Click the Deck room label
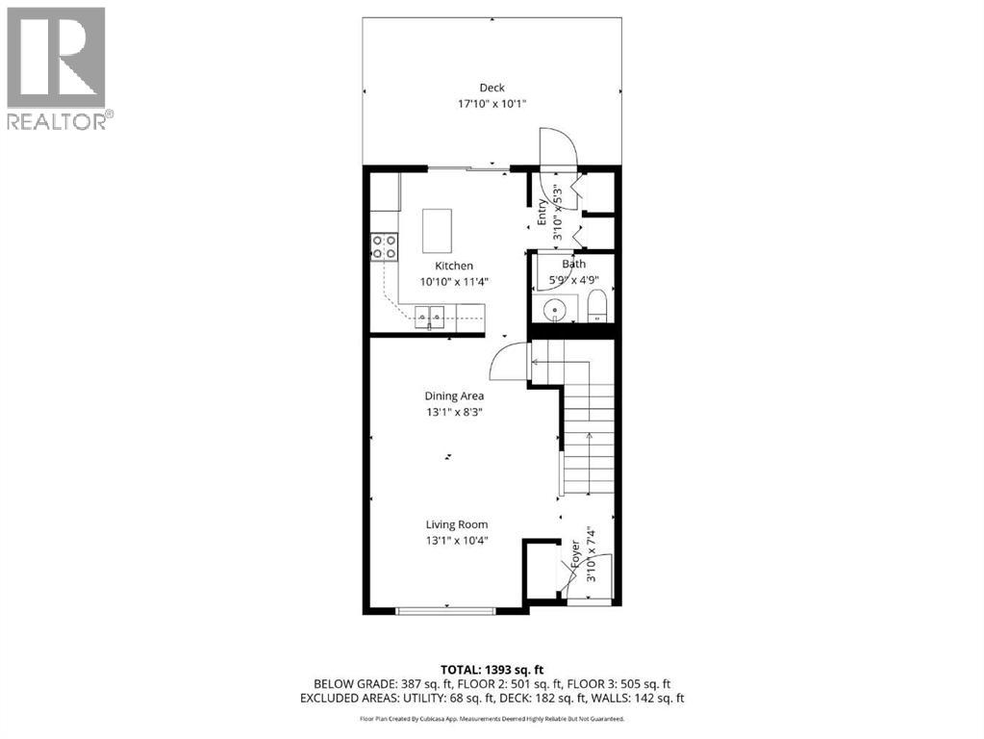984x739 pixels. [x=492, y=88]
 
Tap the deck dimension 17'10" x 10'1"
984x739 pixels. [x=492, y=103]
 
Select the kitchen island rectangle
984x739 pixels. [x=438, y=229]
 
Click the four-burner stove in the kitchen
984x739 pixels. [x=385, y=247]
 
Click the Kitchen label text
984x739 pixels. [x=453, y=267]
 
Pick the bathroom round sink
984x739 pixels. [x=553, y=310]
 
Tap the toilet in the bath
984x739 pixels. [x=596, y=308]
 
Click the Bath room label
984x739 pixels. [x=573, y=265]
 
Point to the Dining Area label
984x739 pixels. [x=454, y=395]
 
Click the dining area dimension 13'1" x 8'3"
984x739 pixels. [x=454, y=411]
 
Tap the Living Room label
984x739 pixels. [x=457, y=524]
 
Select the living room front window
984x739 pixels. [x=445, y=609]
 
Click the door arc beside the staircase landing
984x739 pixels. [x=508, y=364]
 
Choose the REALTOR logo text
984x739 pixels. [x=57, y=120]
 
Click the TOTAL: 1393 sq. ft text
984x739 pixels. [x=492, y=669]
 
